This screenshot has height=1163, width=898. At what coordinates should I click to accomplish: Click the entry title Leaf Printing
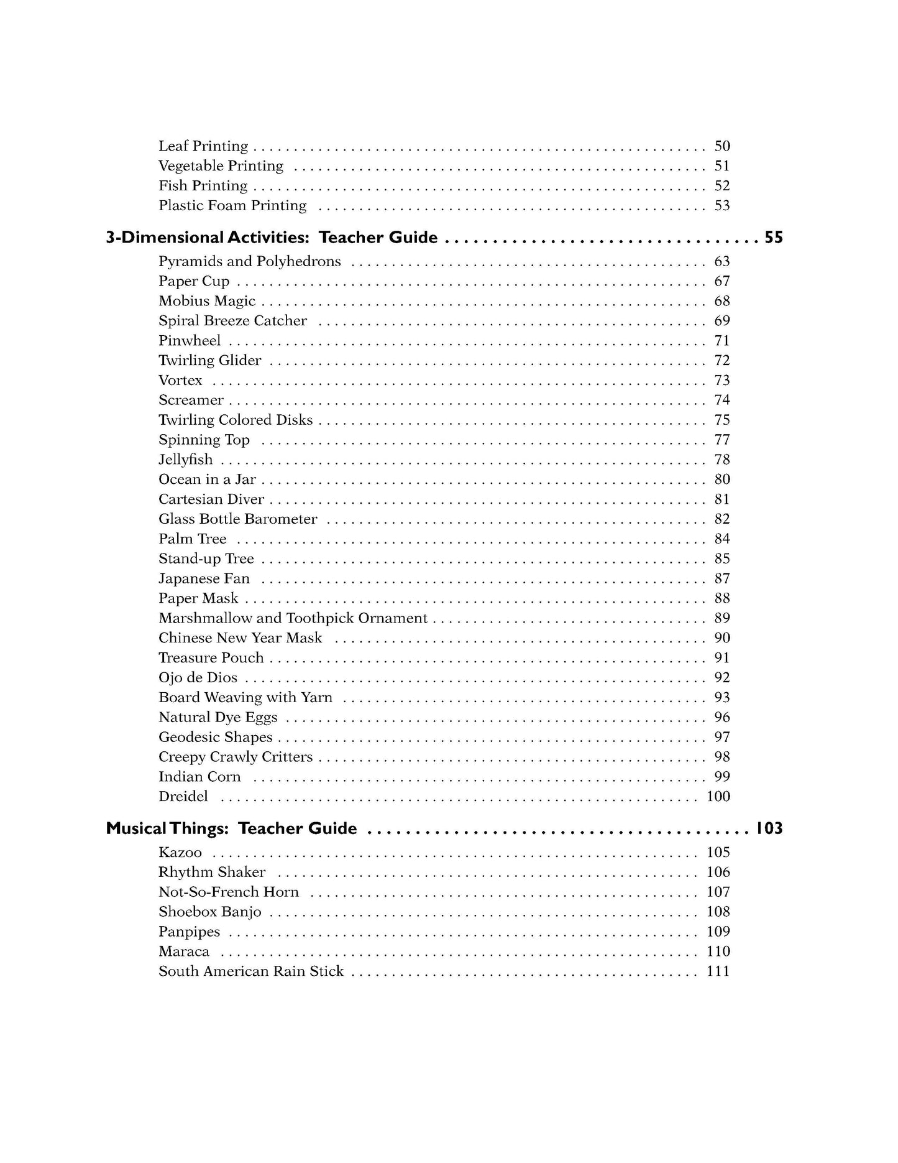click(x=203, y=146)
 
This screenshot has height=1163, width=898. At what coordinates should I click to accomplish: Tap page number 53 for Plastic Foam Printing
click(x=722, y=206)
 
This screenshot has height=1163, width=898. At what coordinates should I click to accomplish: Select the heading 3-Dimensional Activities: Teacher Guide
click(x=272, y=238)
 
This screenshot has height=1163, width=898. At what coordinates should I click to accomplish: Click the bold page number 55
click(x=773, y=238)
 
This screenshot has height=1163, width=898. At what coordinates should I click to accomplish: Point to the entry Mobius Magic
click(x=207, y=302)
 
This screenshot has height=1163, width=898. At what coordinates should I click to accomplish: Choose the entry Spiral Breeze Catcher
click(x=232, y=322)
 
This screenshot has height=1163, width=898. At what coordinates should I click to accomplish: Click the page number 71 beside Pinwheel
click(x=722, y=341)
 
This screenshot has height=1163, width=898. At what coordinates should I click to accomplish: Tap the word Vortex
click(x=180, y=381)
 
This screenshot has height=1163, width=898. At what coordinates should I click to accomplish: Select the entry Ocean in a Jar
click(x=207, y=480)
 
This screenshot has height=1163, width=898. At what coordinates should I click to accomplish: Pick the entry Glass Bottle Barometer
click(x=237, y=519)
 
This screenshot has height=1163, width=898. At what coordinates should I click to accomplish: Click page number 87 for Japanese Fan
click(x=722, y=579)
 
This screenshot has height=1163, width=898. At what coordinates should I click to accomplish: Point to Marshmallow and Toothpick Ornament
click(x=293, y=619)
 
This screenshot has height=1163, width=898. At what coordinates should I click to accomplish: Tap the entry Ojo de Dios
click(x=198, y=678)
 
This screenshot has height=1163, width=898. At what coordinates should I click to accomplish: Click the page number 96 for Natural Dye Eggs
click(x=722, y=718)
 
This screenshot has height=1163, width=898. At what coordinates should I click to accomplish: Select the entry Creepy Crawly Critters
click(x=236, y=758)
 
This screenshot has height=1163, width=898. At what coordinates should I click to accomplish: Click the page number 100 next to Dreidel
click(x=718, y=797)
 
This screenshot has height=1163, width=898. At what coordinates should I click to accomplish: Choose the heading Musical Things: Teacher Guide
click(x=231, y=829)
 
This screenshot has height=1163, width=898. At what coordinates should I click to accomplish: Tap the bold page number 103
click(x=769, y=829)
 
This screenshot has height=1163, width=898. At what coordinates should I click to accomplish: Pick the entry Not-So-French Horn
click(x=229, y=892)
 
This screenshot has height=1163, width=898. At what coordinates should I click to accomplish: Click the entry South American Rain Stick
click(x=251, y=971)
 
